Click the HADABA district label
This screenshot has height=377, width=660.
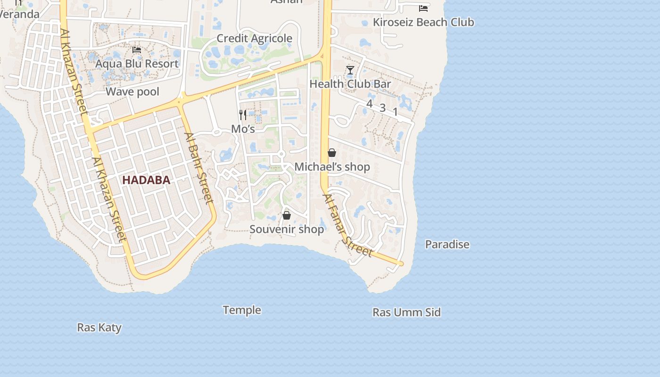click(146, 180)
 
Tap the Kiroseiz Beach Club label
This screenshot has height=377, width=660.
click(423, 22)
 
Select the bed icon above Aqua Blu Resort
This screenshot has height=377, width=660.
click(137, 50)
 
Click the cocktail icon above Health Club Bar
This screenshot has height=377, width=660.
click(350, 71)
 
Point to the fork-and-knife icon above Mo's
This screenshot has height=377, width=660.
click(243, 115)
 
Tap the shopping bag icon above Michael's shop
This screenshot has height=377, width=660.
click(332, 153)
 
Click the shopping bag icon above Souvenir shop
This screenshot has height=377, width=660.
click(286, 215)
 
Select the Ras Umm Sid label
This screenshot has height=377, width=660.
click(406, 312)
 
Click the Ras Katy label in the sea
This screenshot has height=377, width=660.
click(99, 328)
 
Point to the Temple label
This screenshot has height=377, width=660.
click(242, 310)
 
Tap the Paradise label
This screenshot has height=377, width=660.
click(447, 245)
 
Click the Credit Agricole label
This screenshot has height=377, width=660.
click(254, 39)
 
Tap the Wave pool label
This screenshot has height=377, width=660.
click(132, 91)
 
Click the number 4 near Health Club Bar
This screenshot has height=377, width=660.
click(369, 104)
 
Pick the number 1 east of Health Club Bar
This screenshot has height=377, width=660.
click(395, 112)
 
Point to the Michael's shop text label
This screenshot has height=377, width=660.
click(332, 167)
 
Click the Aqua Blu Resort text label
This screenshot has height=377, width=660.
click(137, 64)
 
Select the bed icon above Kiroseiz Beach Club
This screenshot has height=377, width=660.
click(423, 8)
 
